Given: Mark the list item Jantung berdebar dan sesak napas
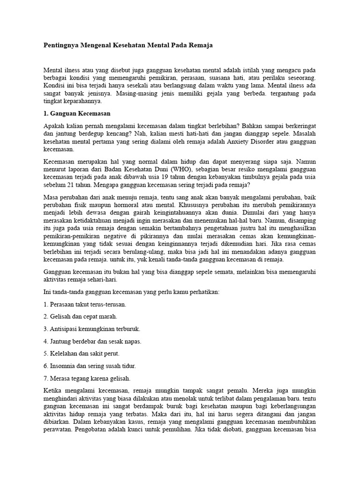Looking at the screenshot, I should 92,341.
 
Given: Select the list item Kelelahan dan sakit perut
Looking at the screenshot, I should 81,353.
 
